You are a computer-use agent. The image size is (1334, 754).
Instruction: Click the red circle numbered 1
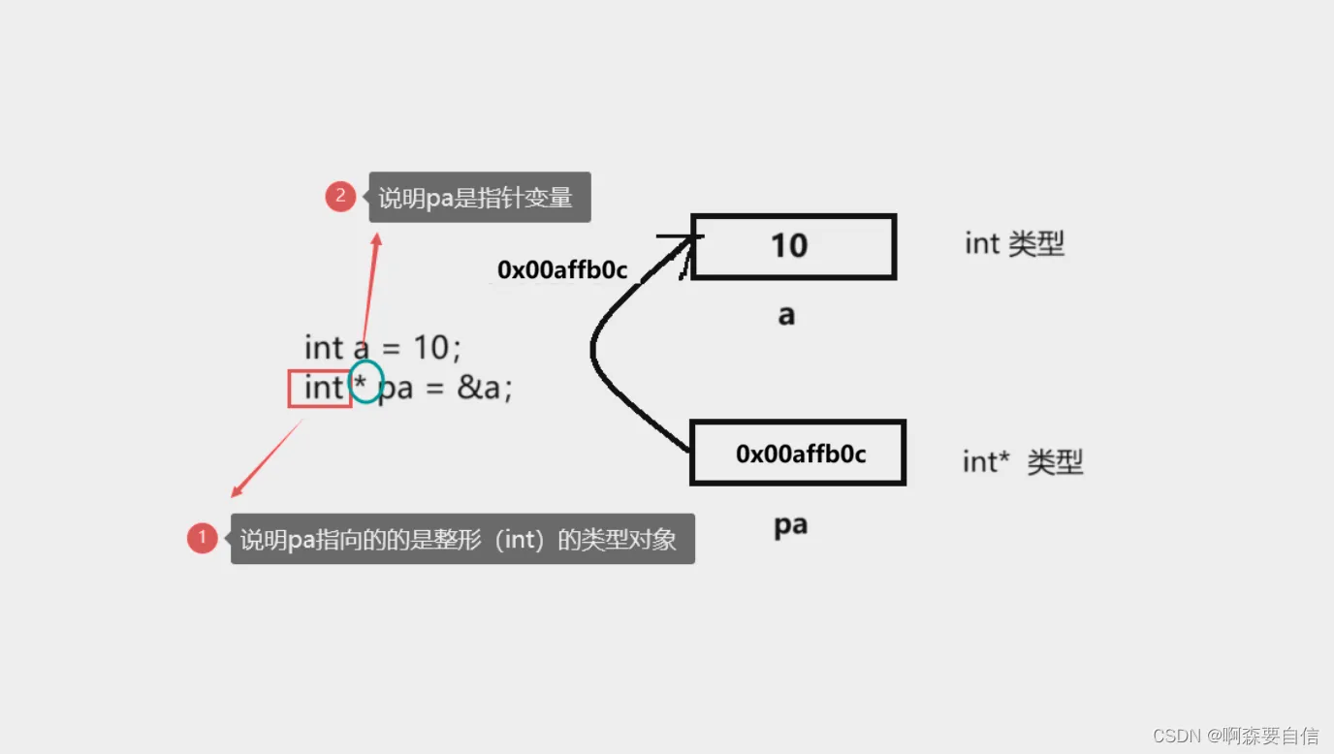click(202, 537)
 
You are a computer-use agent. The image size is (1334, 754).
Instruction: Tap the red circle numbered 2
click(340, 197)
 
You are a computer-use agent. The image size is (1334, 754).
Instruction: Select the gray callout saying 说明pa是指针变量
click(479, 198)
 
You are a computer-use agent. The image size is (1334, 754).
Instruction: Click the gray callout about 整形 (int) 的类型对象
click(461, 539)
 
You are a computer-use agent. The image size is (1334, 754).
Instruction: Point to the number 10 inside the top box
click(789, 246)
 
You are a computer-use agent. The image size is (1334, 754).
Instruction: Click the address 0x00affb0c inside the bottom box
click(800, 454)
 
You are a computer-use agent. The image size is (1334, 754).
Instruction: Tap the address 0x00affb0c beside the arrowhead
click(561, 270)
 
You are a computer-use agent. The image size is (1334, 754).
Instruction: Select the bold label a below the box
click(786, 315)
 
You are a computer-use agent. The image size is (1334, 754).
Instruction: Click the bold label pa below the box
click(790, 525)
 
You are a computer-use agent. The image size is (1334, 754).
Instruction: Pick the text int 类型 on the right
click(1014, 243)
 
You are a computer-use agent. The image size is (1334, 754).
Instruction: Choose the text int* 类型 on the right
click(1022, 462)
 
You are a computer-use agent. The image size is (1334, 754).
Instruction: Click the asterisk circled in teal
click(361, 386)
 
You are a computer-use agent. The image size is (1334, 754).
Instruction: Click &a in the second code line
click(483, 388)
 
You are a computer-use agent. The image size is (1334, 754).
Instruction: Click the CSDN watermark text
click(1235, 736)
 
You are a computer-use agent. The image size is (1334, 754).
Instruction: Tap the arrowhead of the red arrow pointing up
click(376, 238)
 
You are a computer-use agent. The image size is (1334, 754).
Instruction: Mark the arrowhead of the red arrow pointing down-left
click(235, 492)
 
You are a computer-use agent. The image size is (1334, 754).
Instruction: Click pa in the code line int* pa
click(396, 389)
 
